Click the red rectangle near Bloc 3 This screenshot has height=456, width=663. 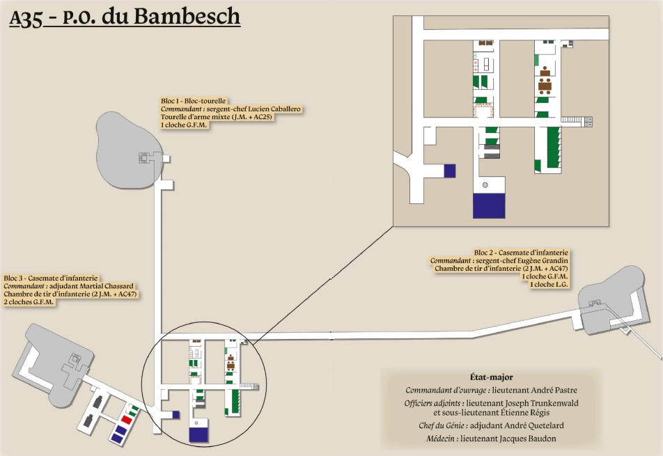127,419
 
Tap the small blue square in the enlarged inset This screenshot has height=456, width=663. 450,170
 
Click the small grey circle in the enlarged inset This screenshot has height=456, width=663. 485,185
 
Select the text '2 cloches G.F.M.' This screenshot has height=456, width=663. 29,302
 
